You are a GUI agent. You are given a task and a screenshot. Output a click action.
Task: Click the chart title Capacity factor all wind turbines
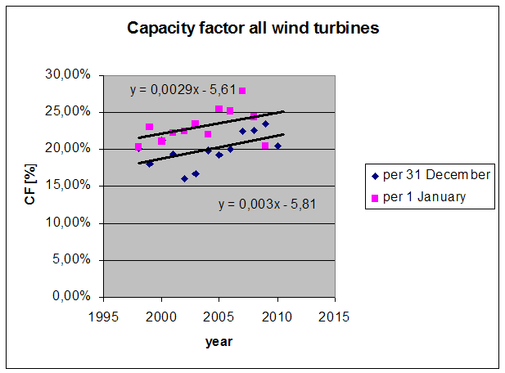[x=252, y=29]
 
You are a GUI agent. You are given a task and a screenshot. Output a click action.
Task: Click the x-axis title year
[x=219, y=341]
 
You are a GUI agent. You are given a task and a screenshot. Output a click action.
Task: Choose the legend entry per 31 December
[x=434, y=174]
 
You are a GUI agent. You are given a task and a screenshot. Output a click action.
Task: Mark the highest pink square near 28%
[x=242, y=91]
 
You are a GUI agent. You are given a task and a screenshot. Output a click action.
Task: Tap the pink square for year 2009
[x=265, y=146]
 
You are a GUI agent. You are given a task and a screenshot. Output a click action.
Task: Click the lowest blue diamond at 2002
[x=184, y=178]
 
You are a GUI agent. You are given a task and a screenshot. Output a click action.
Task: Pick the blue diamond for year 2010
[x=277, y=146]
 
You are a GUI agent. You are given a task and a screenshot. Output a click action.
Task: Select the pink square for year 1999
[x=149, y=127]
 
